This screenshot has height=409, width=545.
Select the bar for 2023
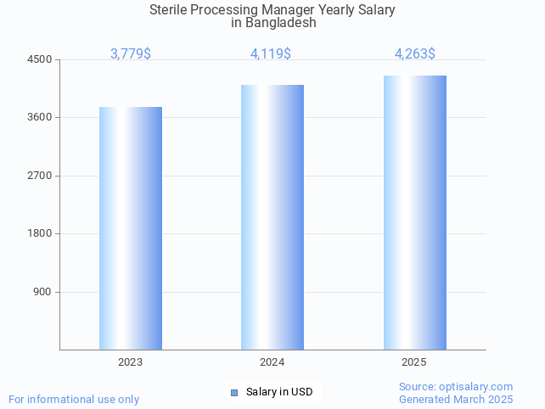click(131, 228)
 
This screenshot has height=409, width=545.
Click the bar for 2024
click(272, 217)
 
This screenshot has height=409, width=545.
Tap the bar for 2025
click(414, 212)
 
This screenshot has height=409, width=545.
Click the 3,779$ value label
click(131, 54)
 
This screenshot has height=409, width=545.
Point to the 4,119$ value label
click(271, 54)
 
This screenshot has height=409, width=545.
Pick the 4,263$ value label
click(415, 54)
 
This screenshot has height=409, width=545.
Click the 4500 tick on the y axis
click(40, 59)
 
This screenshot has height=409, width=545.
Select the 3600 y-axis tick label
click(40, 117)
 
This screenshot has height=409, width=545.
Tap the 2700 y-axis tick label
click(40, 176)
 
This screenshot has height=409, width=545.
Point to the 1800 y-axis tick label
click(40, 233)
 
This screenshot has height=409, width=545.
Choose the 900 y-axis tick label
click(42, 292)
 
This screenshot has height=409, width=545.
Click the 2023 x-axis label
click(131, 362)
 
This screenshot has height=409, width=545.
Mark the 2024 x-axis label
click(272, 362)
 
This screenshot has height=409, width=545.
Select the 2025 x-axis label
click(414, 362)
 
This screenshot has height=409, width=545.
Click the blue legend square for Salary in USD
click(234, 392)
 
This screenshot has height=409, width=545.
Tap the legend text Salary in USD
click(279, 392)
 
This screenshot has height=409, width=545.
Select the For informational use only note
click(74, 399)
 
